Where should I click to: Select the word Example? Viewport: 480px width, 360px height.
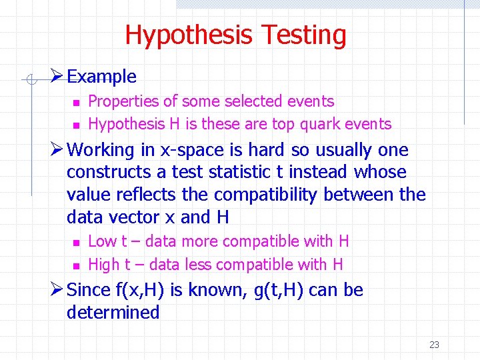tap(101, 77)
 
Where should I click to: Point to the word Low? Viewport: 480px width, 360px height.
tap(102, 241)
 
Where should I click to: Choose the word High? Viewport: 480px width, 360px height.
tap(103, 265)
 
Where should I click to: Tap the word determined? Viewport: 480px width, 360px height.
tap(113, 313)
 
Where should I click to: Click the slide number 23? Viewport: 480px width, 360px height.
tap(434, 345)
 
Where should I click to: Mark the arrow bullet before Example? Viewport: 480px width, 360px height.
tap(57, 76)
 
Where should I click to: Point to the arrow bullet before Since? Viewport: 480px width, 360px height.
tap(57, 290)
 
